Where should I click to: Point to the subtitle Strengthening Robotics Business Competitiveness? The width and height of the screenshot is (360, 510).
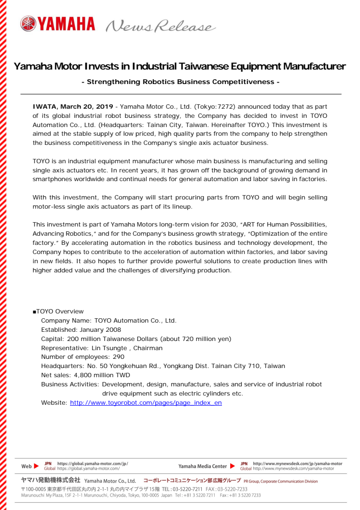click(x=180, y=82)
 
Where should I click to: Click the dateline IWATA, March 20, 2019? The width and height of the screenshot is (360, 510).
click(x=72, y=106)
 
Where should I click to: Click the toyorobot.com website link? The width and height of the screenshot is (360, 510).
click(x=146, y=402)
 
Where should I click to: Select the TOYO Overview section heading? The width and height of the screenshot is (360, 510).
click(x=58, y=312)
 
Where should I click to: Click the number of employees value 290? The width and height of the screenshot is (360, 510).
click(x=118, y=357)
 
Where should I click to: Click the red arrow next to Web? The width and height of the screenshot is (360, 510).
click(x=36, y=467)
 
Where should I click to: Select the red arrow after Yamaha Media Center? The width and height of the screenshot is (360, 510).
click(x=233, y=466)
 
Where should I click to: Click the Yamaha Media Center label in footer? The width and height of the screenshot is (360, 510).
click(x=203, y=467)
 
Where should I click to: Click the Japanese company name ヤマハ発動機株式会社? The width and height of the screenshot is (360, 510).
click(x=51, y=481)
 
